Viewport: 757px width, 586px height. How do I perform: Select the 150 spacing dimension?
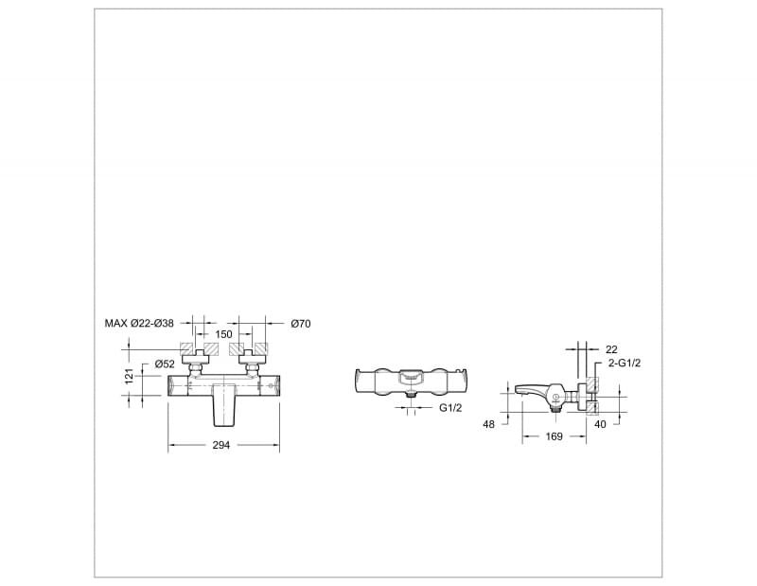[x=224, y=334]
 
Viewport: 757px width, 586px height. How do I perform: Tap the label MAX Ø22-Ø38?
[x=140, y=324]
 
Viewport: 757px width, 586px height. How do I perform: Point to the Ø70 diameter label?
[x=300, y=324]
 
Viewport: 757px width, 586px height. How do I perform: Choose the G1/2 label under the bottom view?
[x=449, y=408]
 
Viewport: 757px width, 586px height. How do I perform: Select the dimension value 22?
[x=611, y=349]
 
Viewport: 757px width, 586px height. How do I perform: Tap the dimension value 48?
[x=489, y=425]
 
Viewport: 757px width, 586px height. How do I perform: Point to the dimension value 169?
[x=555, y=436]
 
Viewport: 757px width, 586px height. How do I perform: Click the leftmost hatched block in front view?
[x=186, y=348]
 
